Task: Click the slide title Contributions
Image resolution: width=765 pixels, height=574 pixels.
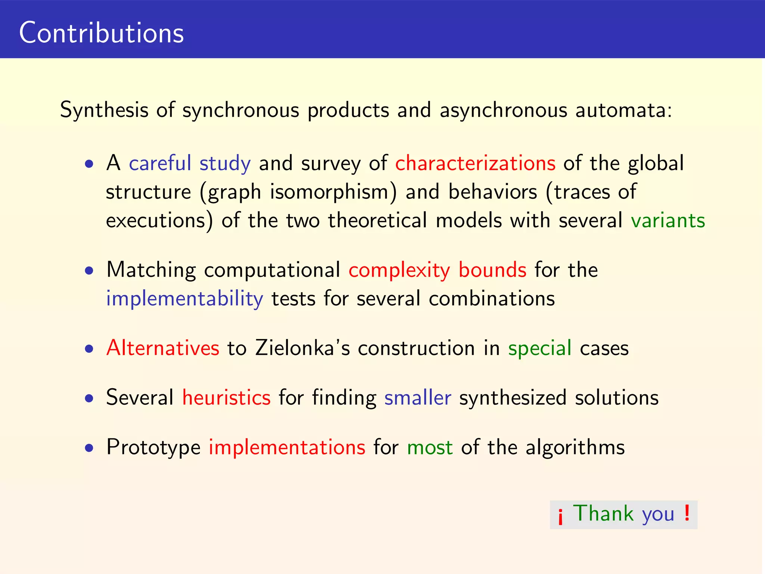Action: point(101,33)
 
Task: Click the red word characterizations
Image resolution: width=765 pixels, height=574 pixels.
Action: point(475,163)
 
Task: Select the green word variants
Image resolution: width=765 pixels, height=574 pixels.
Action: point(668,220)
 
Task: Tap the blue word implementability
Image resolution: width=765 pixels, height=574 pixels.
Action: point(185,299)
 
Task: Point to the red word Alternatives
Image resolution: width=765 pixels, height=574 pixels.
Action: point(162,348)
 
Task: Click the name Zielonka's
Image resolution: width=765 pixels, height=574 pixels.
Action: point(303,348)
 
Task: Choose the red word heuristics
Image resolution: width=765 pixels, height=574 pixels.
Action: point(226,397)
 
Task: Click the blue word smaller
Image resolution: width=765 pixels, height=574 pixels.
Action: point(418,397)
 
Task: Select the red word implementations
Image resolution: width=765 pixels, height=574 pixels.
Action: point(287,447)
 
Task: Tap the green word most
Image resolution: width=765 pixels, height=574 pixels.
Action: point(430,447)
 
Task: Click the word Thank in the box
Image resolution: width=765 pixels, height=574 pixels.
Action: point(603,513)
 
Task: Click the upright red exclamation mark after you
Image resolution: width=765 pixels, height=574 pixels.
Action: point(687,513)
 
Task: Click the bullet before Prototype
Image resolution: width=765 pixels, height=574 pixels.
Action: point(89,448)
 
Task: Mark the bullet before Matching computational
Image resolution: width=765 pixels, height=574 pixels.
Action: point(89,271)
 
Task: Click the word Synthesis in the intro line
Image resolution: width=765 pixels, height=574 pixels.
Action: point(104,110)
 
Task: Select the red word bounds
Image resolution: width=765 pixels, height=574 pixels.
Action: point(492,270)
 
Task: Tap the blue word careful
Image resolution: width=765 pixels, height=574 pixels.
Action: point(160,163)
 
